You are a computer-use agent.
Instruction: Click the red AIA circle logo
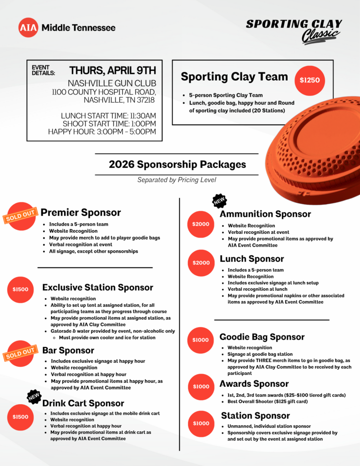(28, 28)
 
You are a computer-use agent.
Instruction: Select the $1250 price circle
(309, 81)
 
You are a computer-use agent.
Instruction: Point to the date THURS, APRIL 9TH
(112, 71)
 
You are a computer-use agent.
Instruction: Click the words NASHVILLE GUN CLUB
(112, 83)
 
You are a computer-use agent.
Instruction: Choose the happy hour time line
(102, 132)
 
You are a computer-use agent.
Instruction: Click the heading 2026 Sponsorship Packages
(177, 164)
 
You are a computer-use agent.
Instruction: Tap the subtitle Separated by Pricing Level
(177, 180)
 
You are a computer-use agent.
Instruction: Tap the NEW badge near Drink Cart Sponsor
(34, 396)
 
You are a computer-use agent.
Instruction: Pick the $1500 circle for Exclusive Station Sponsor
(20, 289)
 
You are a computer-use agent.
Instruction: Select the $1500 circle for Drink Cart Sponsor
(20, 417)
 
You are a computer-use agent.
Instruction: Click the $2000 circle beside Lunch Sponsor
(201, 263)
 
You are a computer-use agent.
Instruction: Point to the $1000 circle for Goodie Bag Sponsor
(201, 340)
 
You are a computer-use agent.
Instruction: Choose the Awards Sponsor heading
(254, 384)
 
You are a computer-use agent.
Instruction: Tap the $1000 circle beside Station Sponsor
(201, 423)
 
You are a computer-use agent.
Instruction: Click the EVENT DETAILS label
(43, 70)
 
